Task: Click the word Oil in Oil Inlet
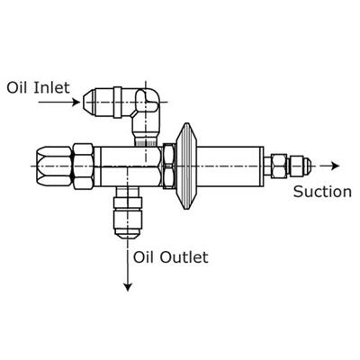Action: tap(18, 88)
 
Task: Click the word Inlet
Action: tap(52, 88)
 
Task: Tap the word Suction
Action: tap(322, 192)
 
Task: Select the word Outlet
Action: tap(184, 257)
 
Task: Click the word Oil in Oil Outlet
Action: tap(144, 257)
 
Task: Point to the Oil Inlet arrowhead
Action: tap(76, 103)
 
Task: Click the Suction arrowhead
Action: tap(335, 166)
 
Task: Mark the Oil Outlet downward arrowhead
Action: tap(128, 287)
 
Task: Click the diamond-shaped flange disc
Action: tap(186, 166)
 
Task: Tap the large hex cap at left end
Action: tap(54, 166)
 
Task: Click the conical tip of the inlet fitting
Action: tap(89, 102)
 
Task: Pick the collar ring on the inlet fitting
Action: tap(118, 102)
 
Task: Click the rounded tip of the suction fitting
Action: tap(306, 166)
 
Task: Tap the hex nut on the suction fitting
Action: tap(279, 166)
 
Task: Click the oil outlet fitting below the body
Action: tap(128, 212)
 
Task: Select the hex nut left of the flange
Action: tap(169, 166)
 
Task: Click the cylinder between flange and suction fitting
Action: tap(230, 166)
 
